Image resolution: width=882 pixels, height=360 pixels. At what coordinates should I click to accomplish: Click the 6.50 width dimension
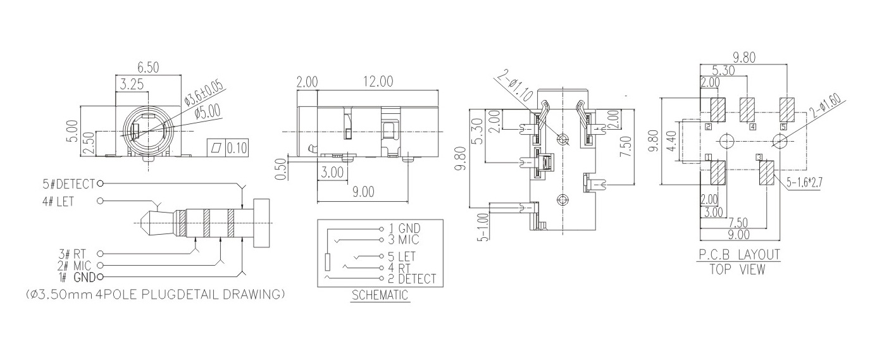(x=148, y=68)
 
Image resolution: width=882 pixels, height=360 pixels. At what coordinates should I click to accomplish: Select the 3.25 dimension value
(x=132, y=85)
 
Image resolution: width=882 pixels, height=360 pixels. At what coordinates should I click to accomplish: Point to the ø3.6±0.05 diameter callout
(x=203, y=93)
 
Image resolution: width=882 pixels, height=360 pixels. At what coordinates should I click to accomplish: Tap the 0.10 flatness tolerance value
(x=237, y=148)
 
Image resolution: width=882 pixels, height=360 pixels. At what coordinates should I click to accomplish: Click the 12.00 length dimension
(x=378, y=82)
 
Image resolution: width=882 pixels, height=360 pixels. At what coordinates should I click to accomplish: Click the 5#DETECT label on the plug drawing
(x=69, y=184)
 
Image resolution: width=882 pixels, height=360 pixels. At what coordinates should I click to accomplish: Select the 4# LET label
(x=58, y=202)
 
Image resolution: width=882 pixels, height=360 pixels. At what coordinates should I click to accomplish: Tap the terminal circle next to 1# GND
(x=99, y=277)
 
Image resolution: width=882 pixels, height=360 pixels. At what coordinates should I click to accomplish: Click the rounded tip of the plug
(x=142, y=223)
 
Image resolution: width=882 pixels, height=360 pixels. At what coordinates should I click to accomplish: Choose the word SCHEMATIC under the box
(x=380, y=295)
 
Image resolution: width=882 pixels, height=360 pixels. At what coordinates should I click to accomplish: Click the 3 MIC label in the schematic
(x=404, y=240)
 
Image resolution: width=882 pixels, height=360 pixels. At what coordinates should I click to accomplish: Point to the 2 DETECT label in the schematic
(x=413, y=279)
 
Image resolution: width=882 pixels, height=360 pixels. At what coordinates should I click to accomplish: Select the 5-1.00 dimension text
(x=483, y=227)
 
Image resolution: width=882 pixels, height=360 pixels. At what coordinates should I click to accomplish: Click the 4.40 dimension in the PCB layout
(x=672, y=140)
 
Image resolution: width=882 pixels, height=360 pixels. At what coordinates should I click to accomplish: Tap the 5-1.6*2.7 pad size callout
(x=804, y=182)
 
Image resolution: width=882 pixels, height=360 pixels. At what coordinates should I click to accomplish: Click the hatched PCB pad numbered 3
(x=767, y=173)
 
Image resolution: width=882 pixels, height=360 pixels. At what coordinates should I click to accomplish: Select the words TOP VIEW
(x=738, y=270)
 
